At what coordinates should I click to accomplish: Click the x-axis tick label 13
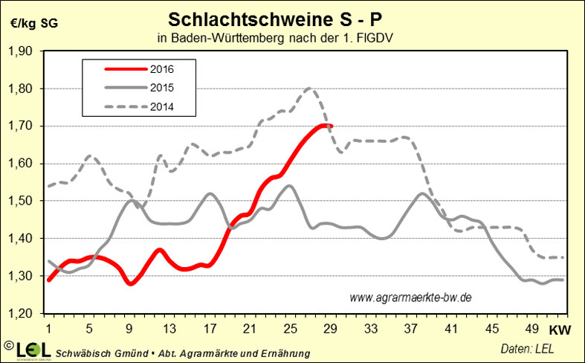pos(171,328)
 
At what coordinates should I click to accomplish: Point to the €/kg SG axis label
pos(33,22)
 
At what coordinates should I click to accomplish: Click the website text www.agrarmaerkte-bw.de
pos(410,297)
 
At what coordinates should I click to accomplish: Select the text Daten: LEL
pos(526,348)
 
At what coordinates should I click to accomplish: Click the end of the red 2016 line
pos(331,126)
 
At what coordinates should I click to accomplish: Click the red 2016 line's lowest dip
pos(131,283)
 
